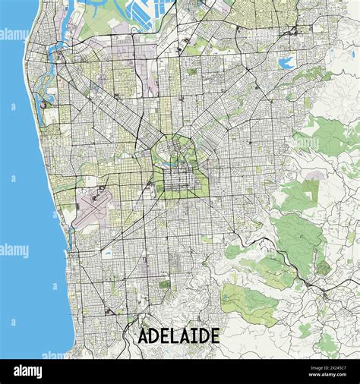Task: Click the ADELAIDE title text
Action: [179, 335]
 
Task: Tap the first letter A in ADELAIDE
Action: [144, 335]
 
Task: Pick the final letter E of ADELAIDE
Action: [214, 335]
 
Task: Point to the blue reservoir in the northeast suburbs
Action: [287, 63]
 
